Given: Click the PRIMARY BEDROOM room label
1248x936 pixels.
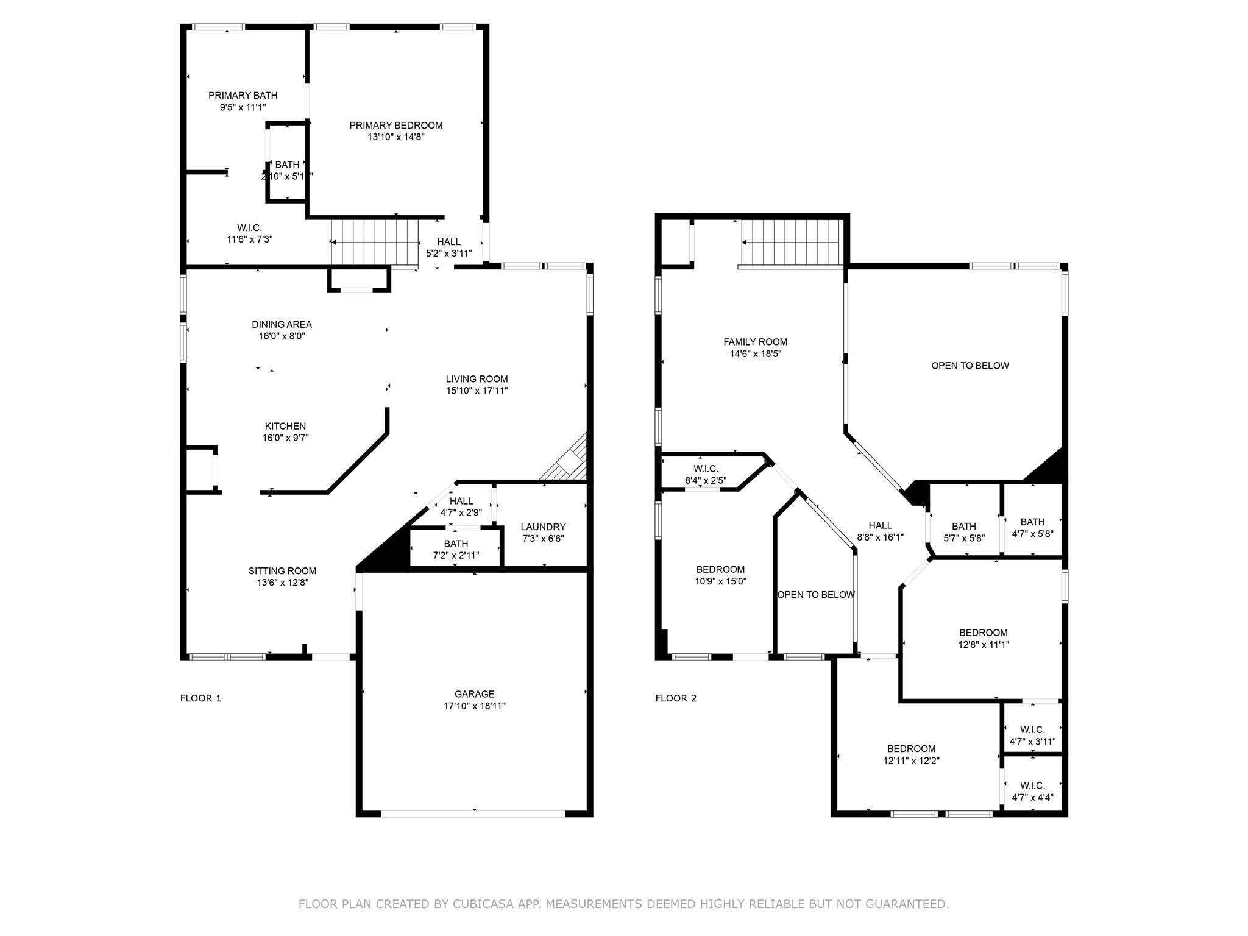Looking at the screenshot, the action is [x=395, y=126].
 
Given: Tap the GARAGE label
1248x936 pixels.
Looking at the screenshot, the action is [x=474, y=694].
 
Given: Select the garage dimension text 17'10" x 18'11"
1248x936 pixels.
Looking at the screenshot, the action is [x=474, y=706].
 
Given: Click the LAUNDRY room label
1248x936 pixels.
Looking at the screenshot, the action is [x=543, y=527].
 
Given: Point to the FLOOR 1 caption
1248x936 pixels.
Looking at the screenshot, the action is [x=200, y=698].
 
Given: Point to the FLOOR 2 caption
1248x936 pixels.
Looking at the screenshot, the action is [x=676, y=698].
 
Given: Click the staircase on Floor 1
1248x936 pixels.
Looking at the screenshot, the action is [x=375, y=243].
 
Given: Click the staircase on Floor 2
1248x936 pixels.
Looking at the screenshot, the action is [x=791, y=243].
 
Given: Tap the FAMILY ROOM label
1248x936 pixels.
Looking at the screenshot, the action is [x=755, y=342].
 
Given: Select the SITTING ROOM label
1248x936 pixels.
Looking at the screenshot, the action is [x=282, y=571].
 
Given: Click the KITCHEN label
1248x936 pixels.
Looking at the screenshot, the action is [x=285, y=427].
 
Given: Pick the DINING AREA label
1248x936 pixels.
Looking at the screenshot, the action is [x=282, y=325].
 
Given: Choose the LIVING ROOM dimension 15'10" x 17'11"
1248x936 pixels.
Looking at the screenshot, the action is [x=477, y=391].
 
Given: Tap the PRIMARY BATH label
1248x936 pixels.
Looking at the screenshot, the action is [x=243, y=96].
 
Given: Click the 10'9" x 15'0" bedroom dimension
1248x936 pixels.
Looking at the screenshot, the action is [x=720, y=581].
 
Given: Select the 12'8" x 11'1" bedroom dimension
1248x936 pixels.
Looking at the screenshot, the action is [x=984, y=644].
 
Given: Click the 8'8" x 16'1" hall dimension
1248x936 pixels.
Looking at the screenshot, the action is [x=880, y=537].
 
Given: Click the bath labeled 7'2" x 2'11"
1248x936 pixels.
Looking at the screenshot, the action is [x=456, y=550].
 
